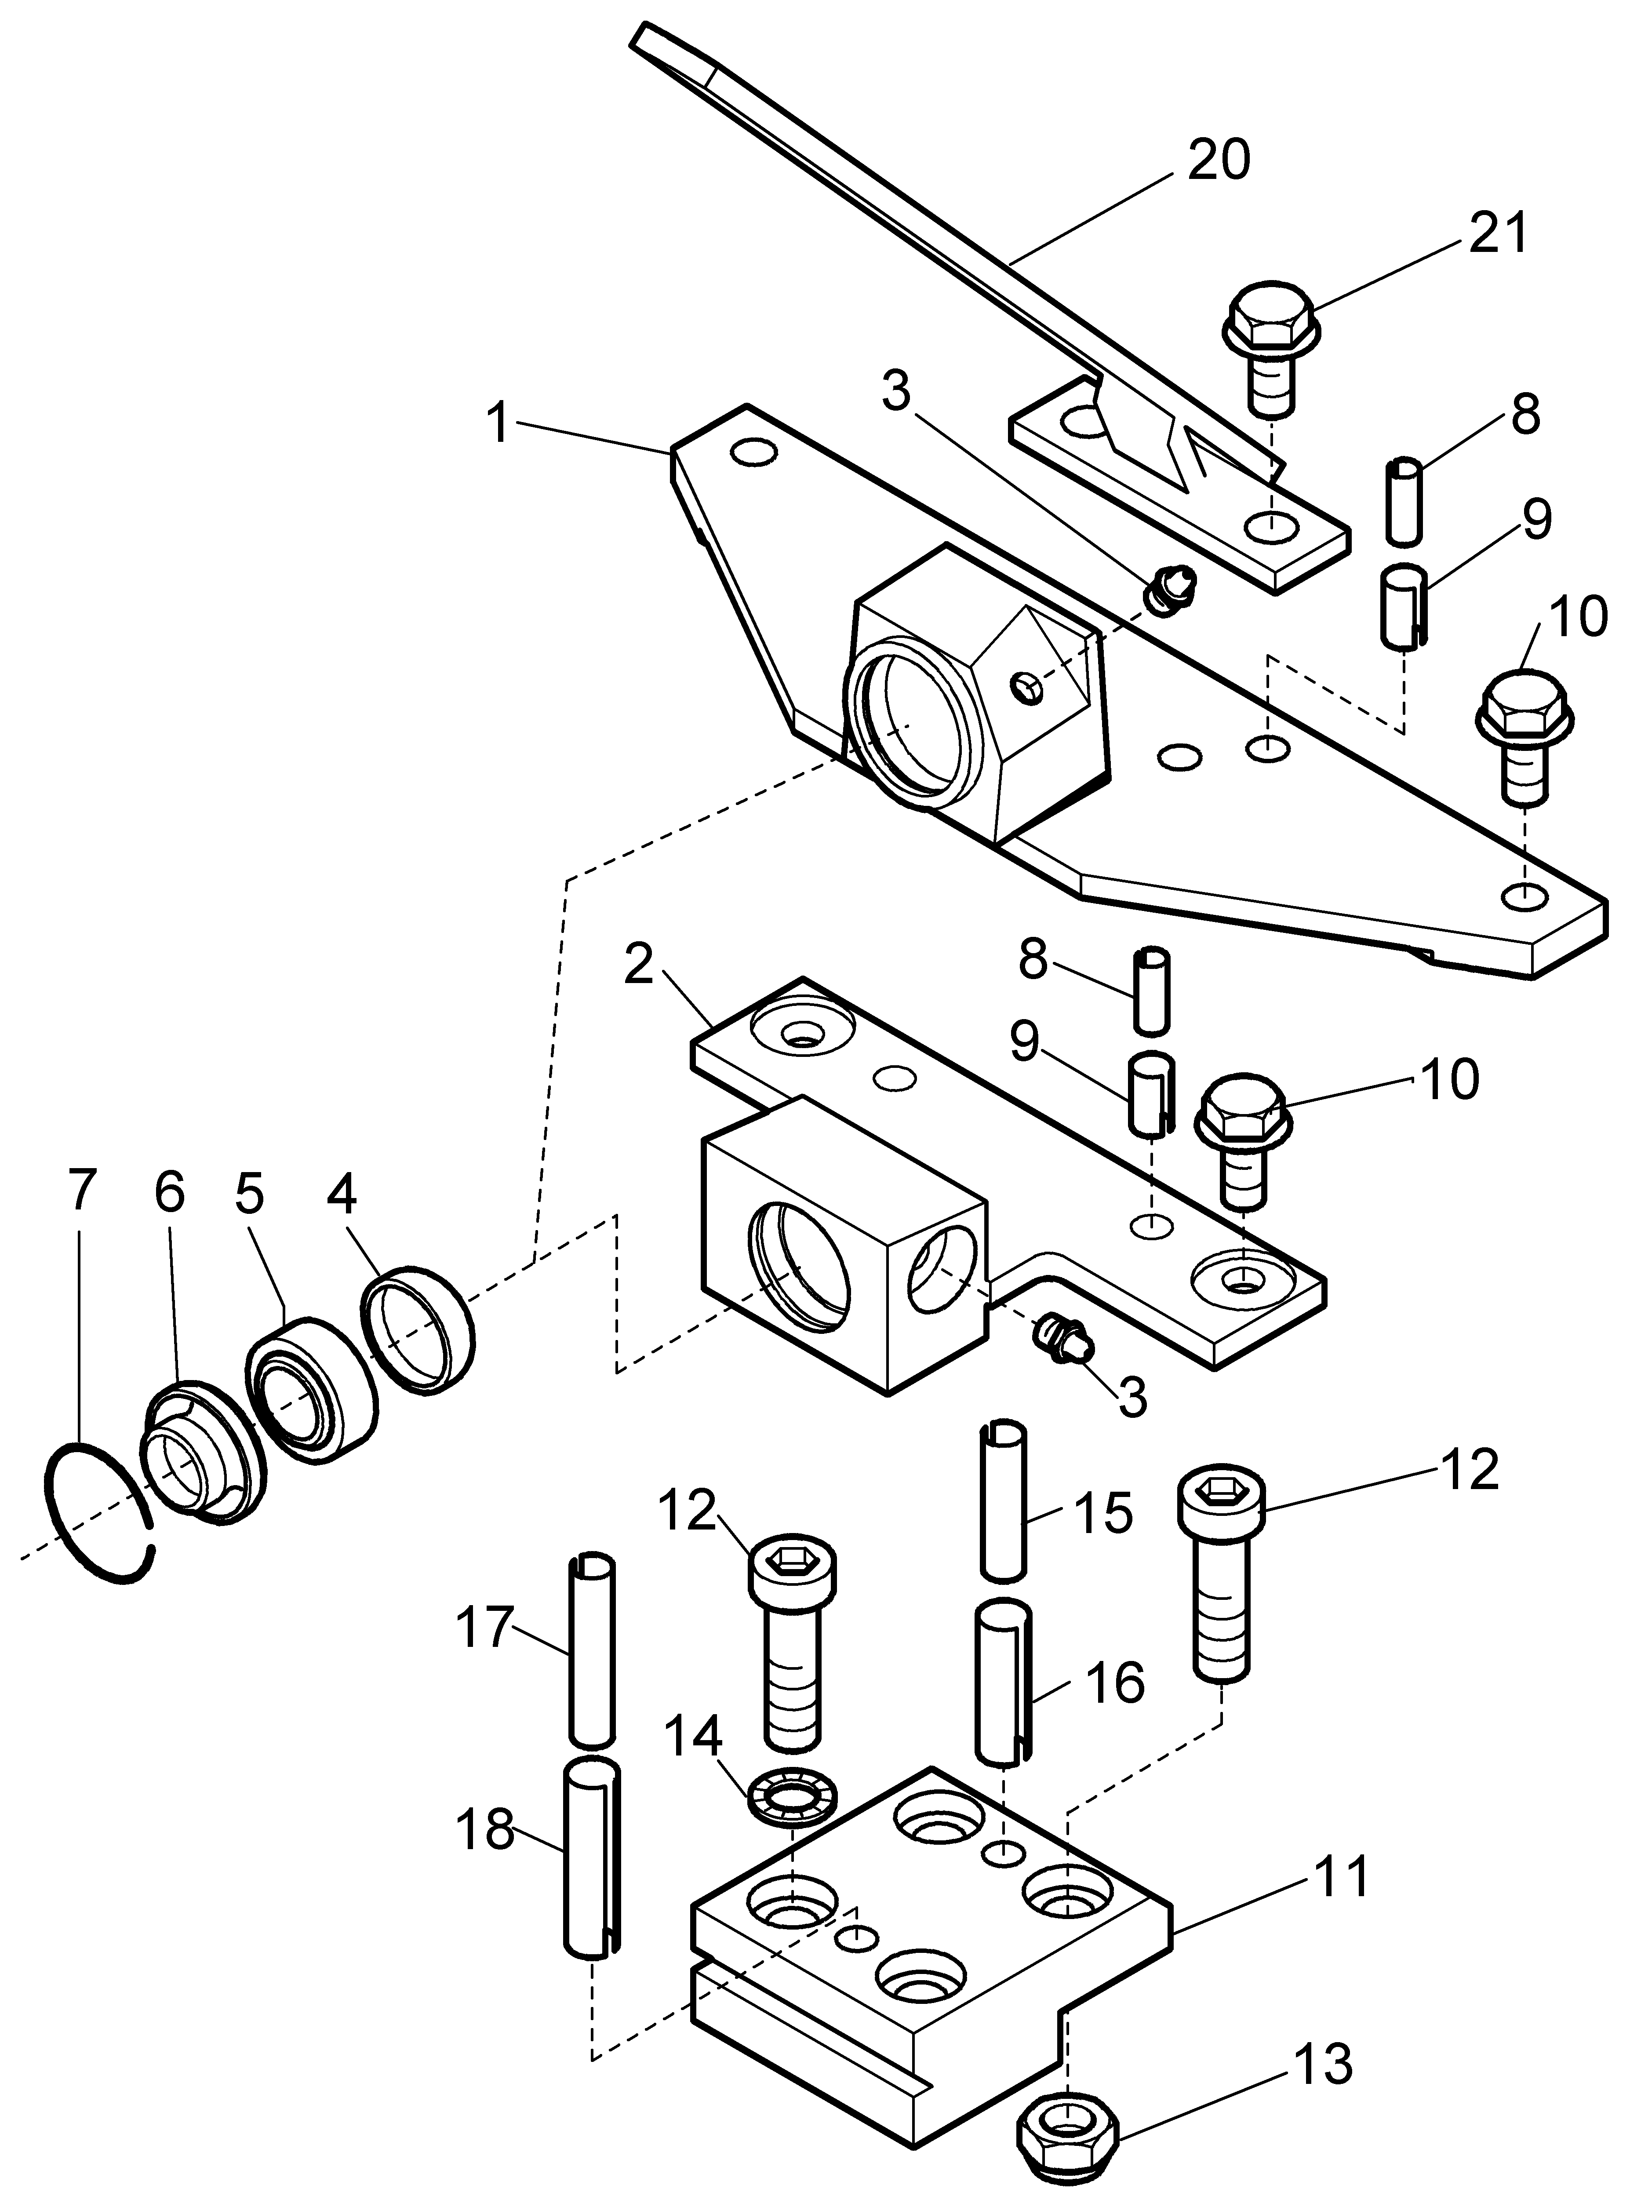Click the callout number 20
1219,160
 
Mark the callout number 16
1115,1682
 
